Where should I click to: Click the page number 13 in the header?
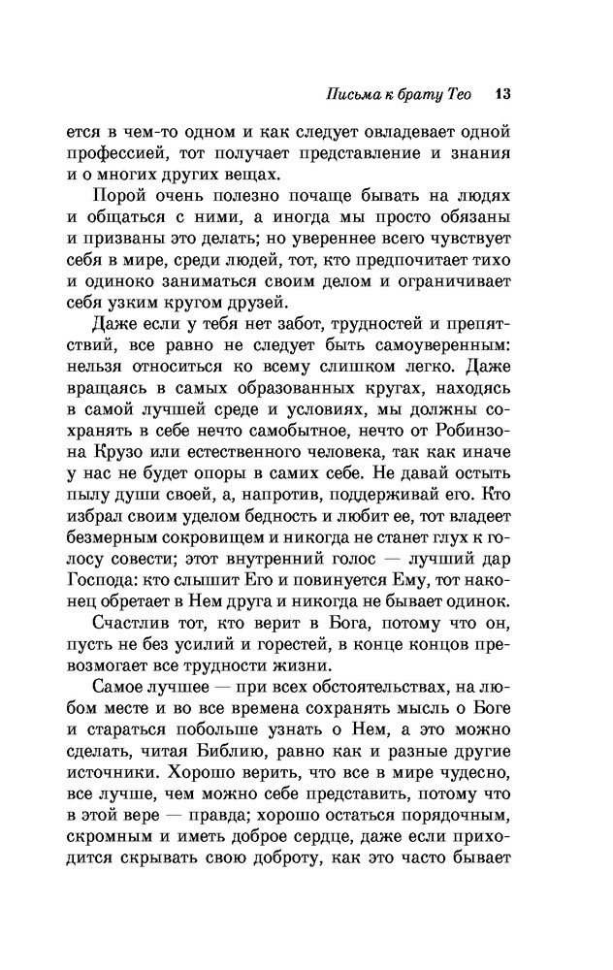tap(500, 94)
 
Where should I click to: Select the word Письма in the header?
tap(347, 94)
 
